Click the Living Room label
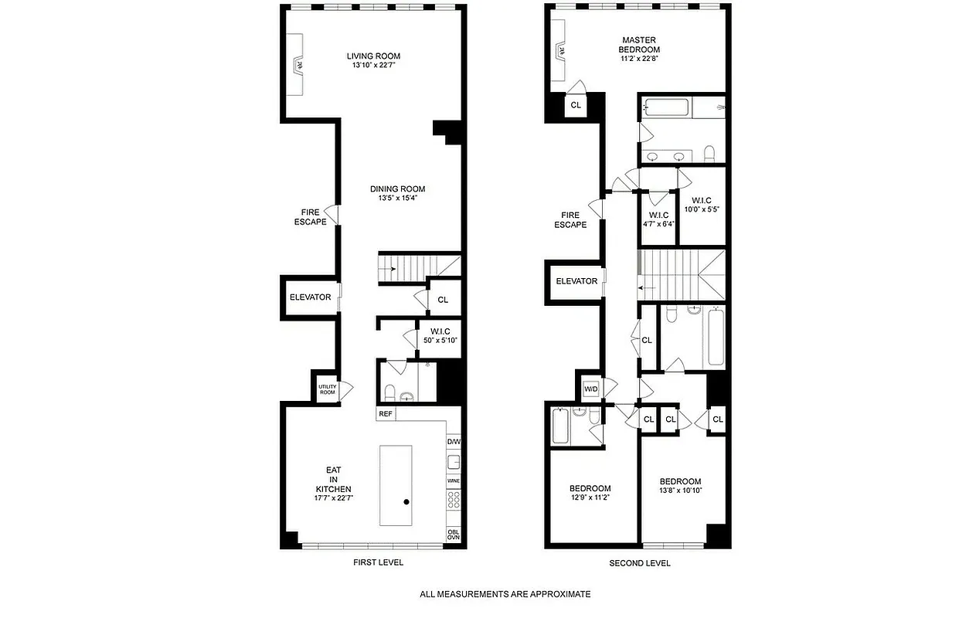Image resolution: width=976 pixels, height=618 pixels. pyautogui.click(x=373, y=56)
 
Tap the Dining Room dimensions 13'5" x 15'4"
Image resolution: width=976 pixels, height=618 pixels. pyautogui.click(x=397, y=199)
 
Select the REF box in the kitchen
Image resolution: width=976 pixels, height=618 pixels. pyautogui.click(x=386, y=414)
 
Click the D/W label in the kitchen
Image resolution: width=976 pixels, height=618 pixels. pyautogui.click(x=454, y=441)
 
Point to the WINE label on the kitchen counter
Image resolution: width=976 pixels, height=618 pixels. pyautogui.click(x=454, y=481)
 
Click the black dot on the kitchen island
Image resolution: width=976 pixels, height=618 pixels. pyautogui.click(x=406, y=502)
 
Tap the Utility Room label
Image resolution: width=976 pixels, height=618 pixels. pyautogui.click(x=327, y=389)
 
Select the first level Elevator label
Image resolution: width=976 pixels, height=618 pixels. pyautogui.click(x=310, y=297)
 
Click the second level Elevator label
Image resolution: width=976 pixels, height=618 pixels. pyautogui.click(x=576, y=281)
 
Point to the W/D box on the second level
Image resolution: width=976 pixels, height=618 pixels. pyautogui.click(x=591, y=389)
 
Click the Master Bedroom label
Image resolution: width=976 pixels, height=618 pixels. pyautogui.click(x=639, y=45)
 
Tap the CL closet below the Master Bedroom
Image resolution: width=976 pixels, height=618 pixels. pyautogui.click(x=576, y=105)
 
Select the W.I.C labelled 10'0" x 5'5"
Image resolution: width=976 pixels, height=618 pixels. pyautogui.click(x=702, y=204)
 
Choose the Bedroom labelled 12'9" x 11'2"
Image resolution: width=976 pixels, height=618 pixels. pyautogui.click(x=590, y=493)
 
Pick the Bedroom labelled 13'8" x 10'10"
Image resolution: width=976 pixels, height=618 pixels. pyautogui.click(x=680, y=485)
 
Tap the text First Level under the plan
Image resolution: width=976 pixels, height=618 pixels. pyautogui.click(x=377, y=562)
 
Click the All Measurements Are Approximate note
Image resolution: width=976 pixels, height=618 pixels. pyautogui.click(x=505, y=594)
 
